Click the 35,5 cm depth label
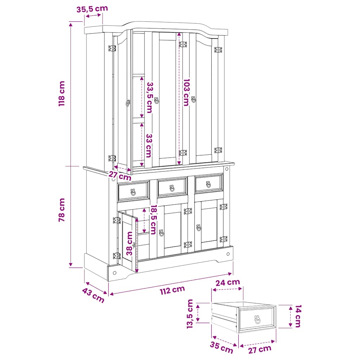(x=92, y=9)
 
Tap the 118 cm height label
(x=62, y=94)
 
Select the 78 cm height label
(x=62, y=210)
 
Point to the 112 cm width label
(x=172, y=290)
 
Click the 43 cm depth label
(x=93, y=295)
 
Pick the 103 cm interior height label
(x=186, y=92)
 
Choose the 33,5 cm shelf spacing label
(x=149, y=98)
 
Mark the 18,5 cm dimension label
(x=153, y=219)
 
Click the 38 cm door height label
(x=130, y=243)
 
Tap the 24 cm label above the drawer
(x=228, y=282)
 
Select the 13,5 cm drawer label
(x=190, y=314)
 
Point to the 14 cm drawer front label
(x=298, y=316)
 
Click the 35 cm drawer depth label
(x=221, y=347)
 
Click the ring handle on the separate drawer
(x=258, y=320)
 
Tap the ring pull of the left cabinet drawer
(x=133, y=192)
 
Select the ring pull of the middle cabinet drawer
(x=172, y=188)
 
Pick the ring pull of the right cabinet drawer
(x=208, y=184)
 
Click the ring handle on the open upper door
(x=128, y=103)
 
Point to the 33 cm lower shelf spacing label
(x=149, y=146)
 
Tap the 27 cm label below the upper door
(x=120, y=176)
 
